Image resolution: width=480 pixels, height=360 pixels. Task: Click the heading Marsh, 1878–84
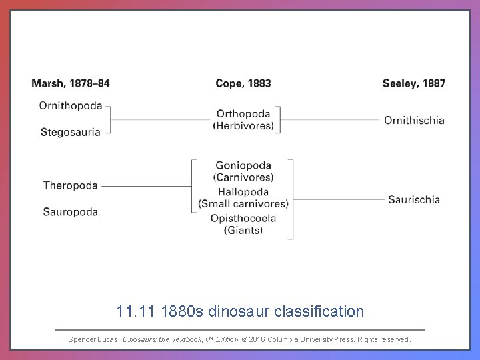click(71, 83)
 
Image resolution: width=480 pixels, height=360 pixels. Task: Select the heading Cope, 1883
click(243, 83)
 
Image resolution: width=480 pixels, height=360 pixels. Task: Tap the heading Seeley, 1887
click(414, 83)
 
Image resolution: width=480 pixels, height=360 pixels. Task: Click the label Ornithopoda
click(71, 105)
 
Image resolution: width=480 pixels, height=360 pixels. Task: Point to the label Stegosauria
click(71, 132)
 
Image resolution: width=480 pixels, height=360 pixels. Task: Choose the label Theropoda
click(71, 185)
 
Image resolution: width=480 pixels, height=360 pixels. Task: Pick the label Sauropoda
click(71, 212)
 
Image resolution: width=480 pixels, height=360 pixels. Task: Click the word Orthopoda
click(243, 113)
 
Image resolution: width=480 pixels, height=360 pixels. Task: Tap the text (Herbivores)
click(243, 125)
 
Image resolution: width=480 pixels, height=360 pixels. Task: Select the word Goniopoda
click(243, 165)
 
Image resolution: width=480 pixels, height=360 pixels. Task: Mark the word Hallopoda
click(243, 192)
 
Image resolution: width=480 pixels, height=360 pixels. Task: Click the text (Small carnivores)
click(243, 204)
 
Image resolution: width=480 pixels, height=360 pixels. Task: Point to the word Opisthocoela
click(243, 218)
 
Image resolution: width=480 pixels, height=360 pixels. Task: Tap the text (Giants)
click(243, 231)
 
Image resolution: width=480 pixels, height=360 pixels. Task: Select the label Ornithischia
click(414, 120)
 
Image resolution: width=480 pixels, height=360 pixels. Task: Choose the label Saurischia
click(414, 199)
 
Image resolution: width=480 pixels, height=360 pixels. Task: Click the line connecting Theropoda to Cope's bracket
click(147, 186)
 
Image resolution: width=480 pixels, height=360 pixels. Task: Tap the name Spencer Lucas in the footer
click(94, 339)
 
